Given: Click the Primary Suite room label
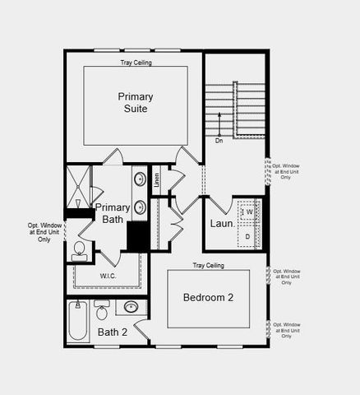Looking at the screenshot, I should click(x=135, y=102).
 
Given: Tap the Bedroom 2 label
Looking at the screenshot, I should click(x=208, y=297).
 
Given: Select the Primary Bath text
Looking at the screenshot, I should click(x=112, y=213).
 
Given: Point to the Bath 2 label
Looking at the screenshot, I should click(x=113, y=332).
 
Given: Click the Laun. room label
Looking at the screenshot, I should click(x=222, y=223).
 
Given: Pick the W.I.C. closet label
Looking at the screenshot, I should click(x=108, y=275).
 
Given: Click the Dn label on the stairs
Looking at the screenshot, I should click(x=219, y=141).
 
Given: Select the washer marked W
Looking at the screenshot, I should click(x=249, y=212).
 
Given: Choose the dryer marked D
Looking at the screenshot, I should click(x=248, y=236).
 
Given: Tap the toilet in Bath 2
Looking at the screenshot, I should click(x=102, y=311).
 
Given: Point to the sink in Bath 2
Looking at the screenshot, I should click(x=131, y=308).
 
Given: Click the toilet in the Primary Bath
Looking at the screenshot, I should click(x=80, y=250).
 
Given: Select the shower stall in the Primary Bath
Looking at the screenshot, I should click(x=79, y=186).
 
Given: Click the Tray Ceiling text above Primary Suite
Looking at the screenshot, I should click(x=136, y=61).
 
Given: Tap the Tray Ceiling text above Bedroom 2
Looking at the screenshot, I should click(x=208, y=265).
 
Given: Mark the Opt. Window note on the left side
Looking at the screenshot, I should click(x=44, y=232).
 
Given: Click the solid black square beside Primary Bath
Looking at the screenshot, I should click(x=137, y=237).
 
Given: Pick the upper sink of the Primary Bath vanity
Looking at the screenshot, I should click(x=140, y=179).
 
